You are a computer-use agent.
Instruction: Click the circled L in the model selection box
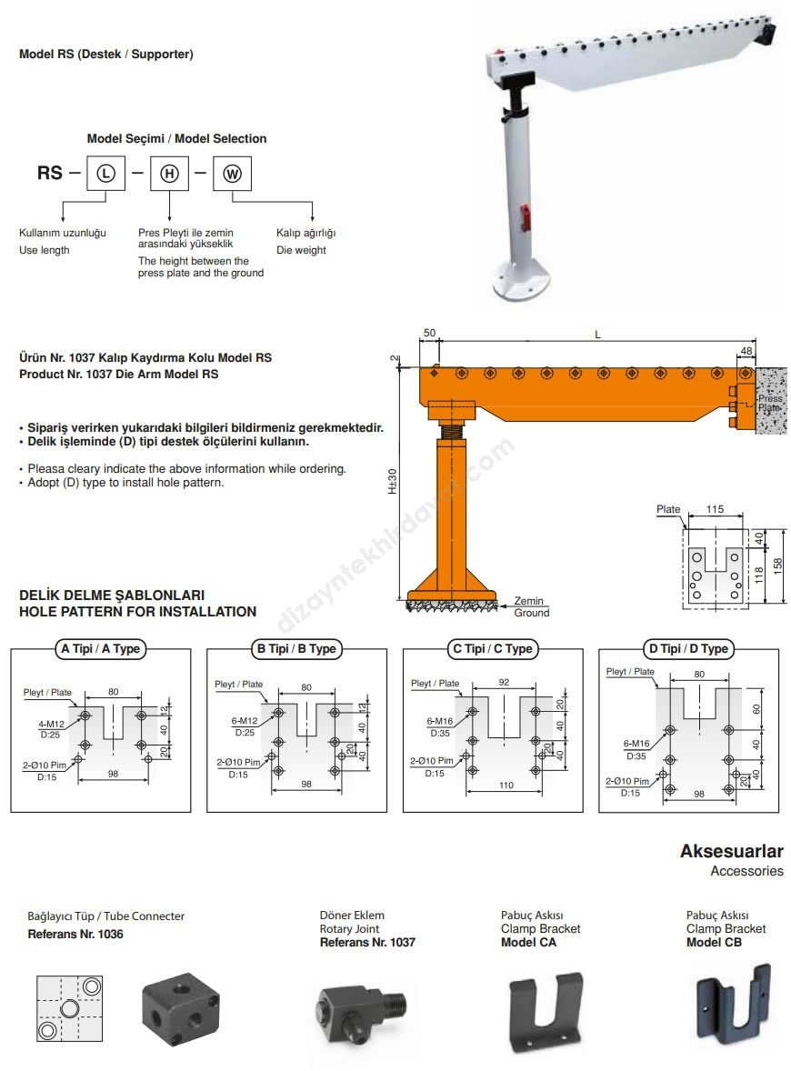pos(105,173)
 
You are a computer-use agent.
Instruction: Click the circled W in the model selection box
pos(232,173)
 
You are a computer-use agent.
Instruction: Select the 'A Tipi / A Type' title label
pos(100,649)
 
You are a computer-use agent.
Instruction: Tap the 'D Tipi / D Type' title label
pos(688,649)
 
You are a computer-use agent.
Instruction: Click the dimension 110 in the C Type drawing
pos(506,785)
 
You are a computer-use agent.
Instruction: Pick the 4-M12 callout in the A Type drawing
pos(52,724)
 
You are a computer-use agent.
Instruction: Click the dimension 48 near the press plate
pos(746,350)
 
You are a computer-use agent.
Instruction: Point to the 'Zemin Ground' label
pos(531,606)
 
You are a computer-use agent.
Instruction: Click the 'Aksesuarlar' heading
pos(731,852)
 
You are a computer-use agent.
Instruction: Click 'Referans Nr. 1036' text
pos(75,935)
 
